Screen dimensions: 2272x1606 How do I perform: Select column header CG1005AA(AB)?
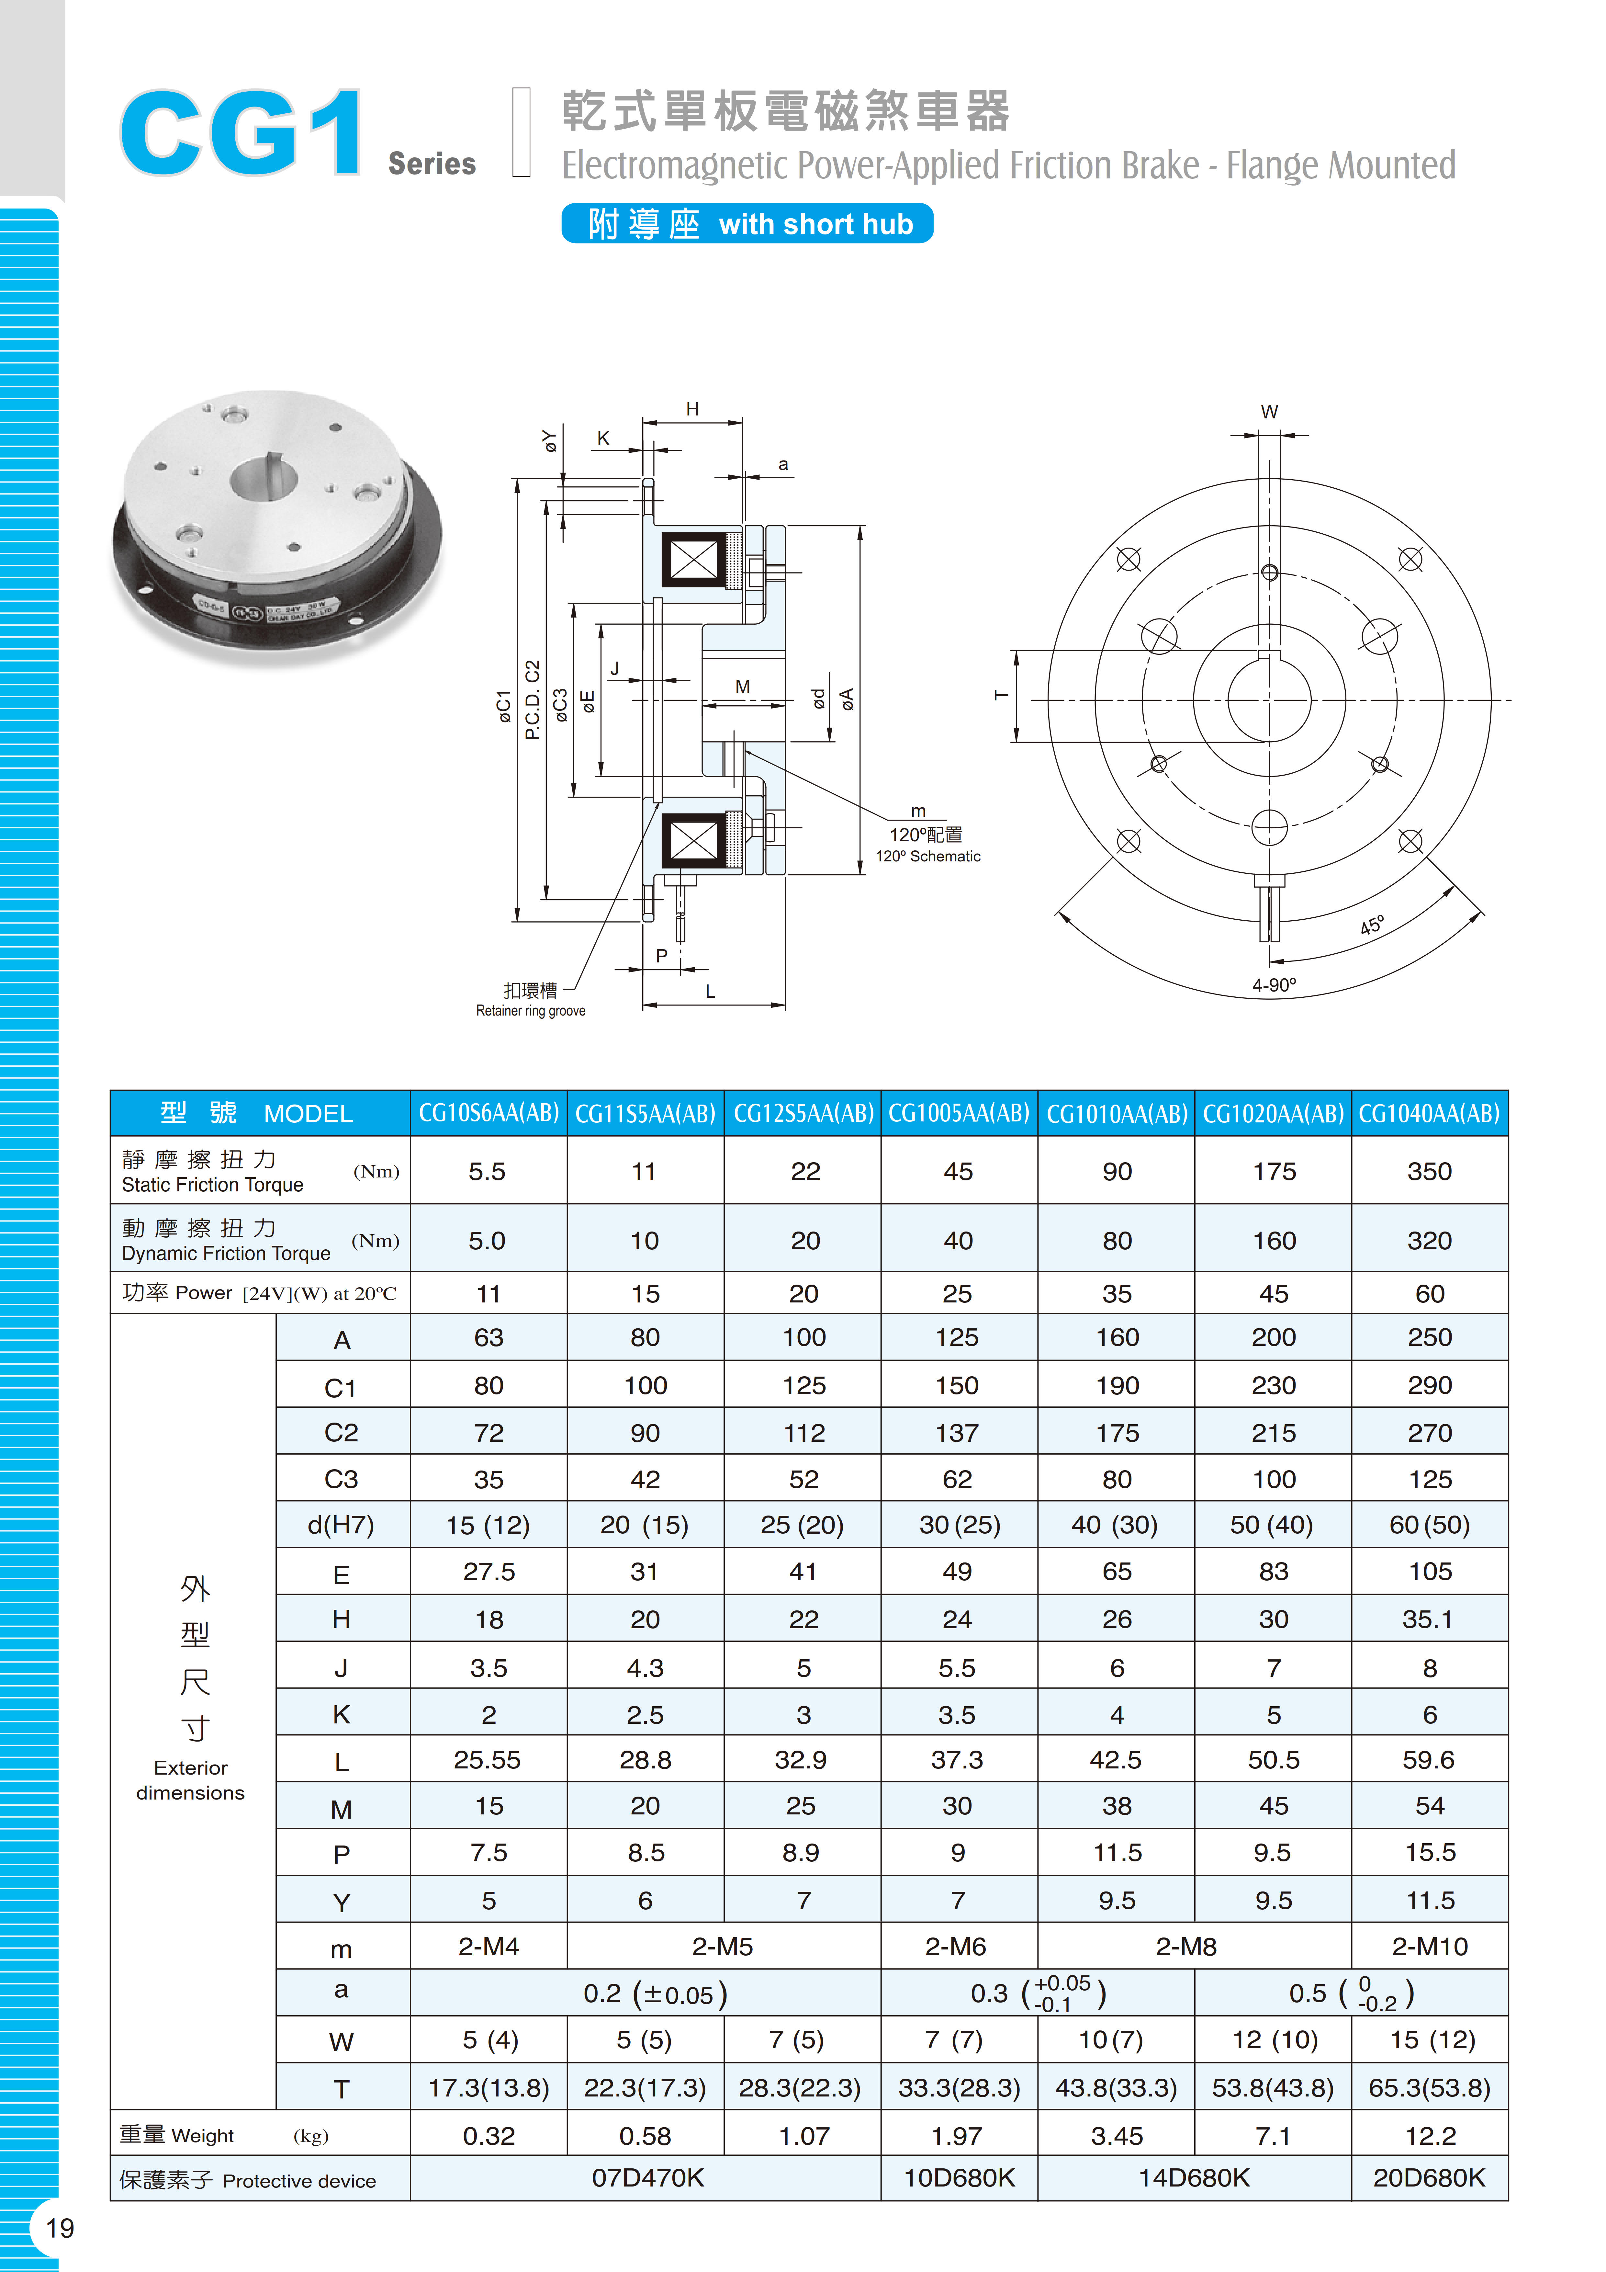[x=958, y=1113]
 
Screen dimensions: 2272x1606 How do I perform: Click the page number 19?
[x=59, y=2227]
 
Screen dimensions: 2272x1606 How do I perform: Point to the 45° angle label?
[x=1372, y=925]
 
